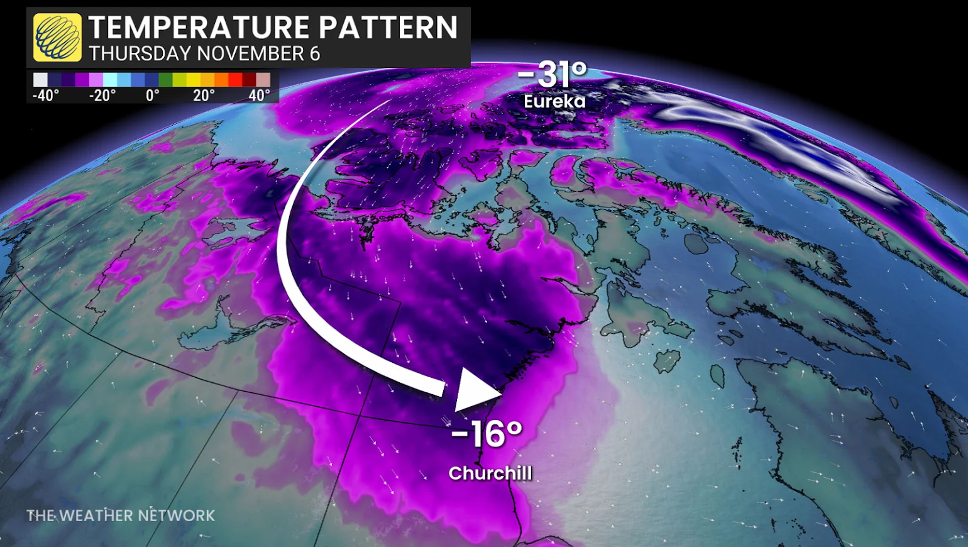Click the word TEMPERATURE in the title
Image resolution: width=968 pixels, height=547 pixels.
(x=199, y=28)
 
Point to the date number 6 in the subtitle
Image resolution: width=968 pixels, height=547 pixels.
(x=315, y=54)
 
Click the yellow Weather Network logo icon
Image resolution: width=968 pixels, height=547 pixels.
(x=57, y=37)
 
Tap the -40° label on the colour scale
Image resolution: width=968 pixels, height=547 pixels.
(x=46, y=96)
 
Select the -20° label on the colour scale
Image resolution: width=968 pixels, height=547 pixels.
(x=102, y=96)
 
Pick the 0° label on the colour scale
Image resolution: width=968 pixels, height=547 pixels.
(x=152, y=96)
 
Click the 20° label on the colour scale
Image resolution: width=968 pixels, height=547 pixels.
(x=204, y=96)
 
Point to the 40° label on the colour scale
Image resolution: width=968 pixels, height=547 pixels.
(x=259, y=96)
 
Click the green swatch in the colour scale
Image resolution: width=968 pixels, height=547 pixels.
(x=165, y=80)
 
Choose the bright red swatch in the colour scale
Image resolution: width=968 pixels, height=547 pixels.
(x=235, y=80)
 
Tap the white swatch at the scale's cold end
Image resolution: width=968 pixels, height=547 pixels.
(x=40, y=80)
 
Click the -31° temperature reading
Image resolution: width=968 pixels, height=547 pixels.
(x=553, y=74)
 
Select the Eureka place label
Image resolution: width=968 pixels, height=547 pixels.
(x=554, y=101)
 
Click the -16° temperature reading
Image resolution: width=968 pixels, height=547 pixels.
(x=487, y=433)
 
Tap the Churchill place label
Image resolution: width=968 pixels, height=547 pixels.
(x=490, y=473)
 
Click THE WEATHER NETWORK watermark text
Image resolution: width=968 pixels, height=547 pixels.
(x=121, y=516)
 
